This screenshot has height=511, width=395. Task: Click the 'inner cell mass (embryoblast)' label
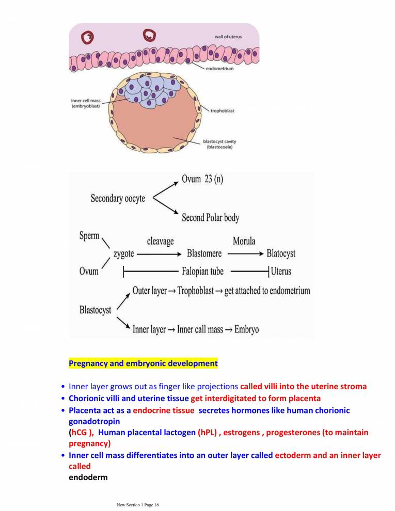(x=86, y=103)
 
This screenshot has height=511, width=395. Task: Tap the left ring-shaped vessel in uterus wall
(x=89, y=37)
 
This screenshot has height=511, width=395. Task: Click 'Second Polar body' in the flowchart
(x=210, y=218)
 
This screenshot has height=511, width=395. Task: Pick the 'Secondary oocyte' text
(x=118, y=198)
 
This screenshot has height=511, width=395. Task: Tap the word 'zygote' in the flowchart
(x=123, y=254)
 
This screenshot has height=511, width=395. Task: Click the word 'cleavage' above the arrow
(x=160, y=242)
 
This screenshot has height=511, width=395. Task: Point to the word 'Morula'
(x=244, y=242)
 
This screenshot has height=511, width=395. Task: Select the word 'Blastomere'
(x=205, y=254)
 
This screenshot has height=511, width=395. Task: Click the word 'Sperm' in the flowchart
(x=89, y=236)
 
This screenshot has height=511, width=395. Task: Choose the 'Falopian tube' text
(x=202, y=272)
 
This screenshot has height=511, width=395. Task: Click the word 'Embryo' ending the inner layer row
(x=246, y=329)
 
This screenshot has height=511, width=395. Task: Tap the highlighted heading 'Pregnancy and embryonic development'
(x=143, y=363)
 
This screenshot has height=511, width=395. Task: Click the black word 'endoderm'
(x=88, y=477)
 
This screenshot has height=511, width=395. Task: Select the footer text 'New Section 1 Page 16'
(x=137, y=505)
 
